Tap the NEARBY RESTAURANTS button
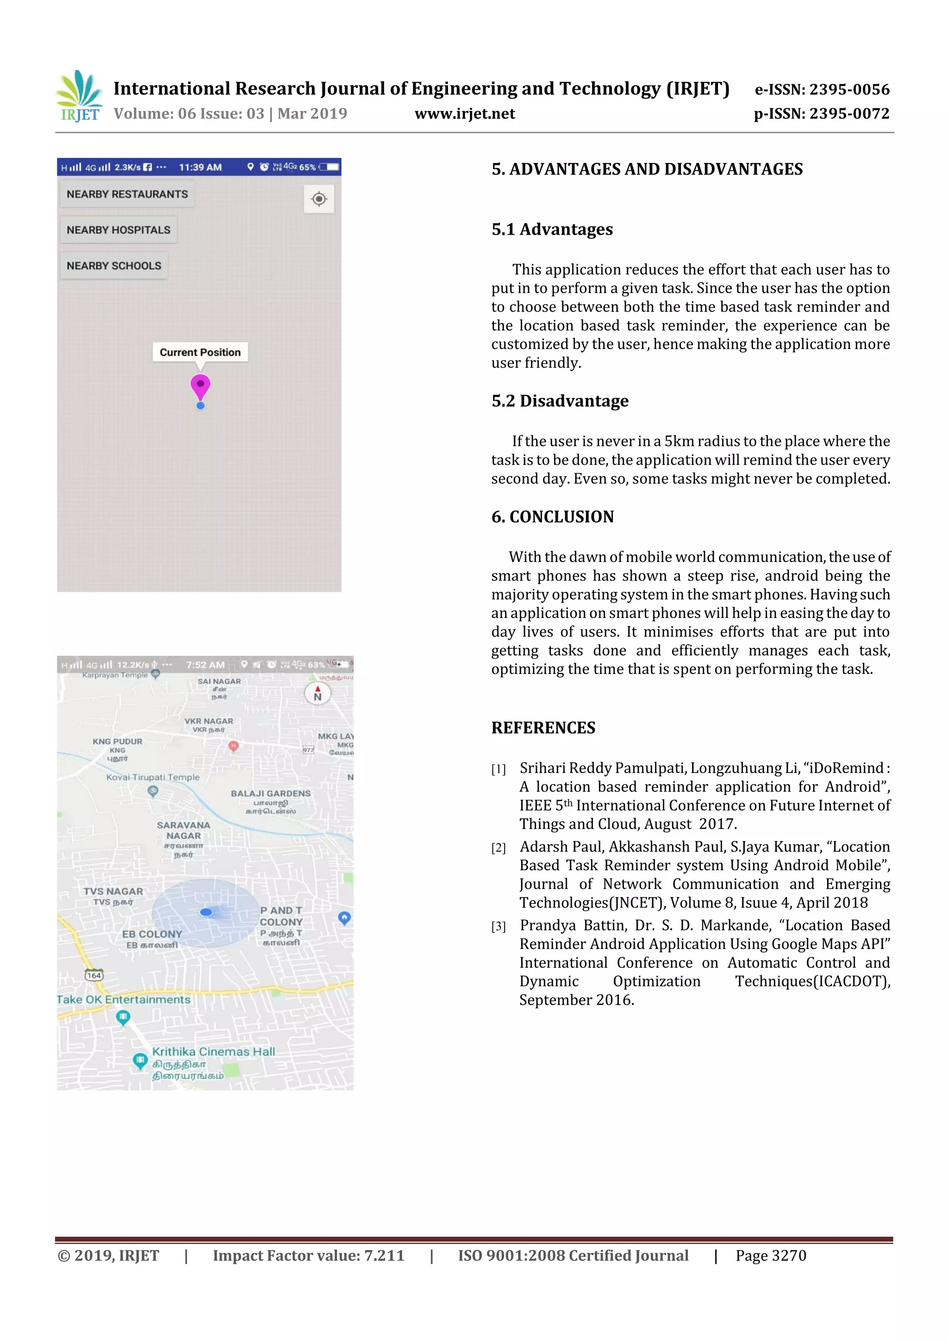point(127,194)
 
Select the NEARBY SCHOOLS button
point(114,266)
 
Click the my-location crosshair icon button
point(319,199)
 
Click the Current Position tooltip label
point(200,352)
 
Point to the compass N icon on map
point(318,694)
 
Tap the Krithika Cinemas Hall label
point(213,1051)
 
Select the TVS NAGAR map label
point(113,891)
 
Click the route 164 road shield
point(94,975)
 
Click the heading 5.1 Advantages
point(552,230)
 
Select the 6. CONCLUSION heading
point(553,517)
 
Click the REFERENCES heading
point(543,728)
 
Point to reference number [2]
point(498,848)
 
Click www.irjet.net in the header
point(464,114)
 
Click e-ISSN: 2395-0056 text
point(822,89)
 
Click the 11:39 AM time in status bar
point(200,168)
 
